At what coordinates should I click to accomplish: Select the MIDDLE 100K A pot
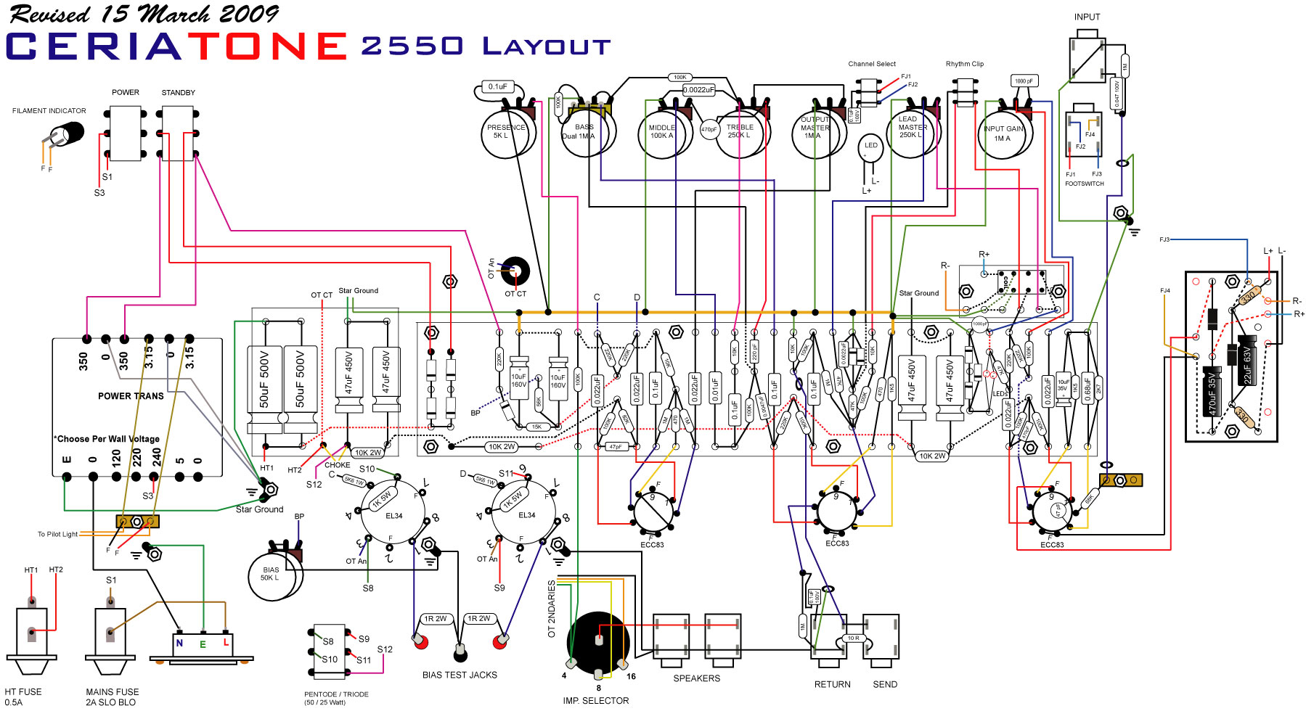(661, 133)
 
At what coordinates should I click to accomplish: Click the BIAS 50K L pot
(271, 575)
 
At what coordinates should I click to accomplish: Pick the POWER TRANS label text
(131, 396)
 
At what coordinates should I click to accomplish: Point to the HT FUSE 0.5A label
(23, 697)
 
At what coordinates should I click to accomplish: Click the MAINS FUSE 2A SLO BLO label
(112, 697)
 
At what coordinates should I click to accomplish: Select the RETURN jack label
(832, 684)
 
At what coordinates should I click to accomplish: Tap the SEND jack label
(885, 684)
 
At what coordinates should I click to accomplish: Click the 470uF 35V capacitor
(1211, 392)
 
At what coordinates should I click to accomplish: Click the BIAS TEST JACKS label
(460, 675)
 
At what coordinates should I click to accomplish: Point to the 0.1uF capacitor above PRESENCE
(498, 87)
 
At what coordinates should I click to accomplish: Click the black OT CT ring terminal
(515, 271)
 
